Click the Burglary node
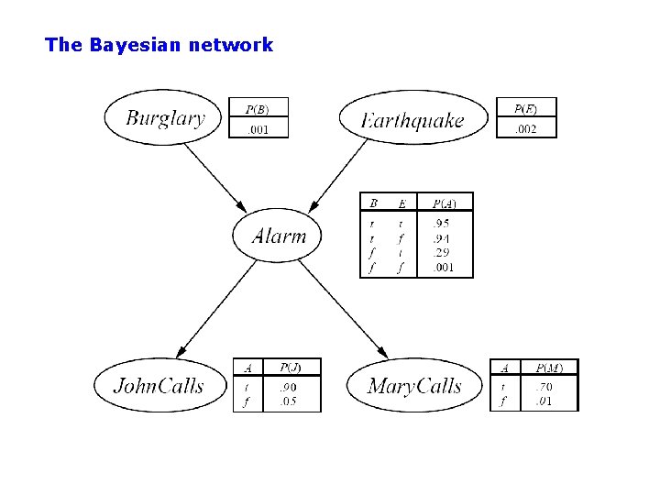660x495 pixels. click(x=166, y=117)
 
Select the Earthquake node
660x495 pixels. click(x=413, y=119)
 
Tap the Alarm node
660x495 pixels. click(x=280, y=236)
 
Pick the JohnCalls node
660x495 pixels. click(x=159, y=384)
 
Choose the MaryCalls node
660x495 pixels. click(x=414, y=385)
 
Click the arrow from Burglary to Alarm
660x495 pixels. click(x=215, y=176)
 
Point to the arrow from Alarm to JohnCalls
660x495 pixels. click(x=217, y=309)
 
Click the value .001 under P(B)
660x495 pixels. click(x=258, y=129)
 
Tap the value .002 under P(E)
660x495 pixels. click(x=525, y=129)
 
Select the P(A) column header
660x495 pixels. click(x=445, y=203)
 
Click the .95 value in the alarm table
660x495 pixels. click(x=441, y=224)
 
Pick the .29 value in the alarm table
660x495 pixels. click(x=441, y=253)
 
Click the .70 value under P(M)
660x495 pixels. click(x=544, y=387)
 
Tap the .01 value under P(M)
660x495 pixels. click(x=544, y=401)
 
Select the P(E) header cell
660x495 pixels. click(x=525, y=108)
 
